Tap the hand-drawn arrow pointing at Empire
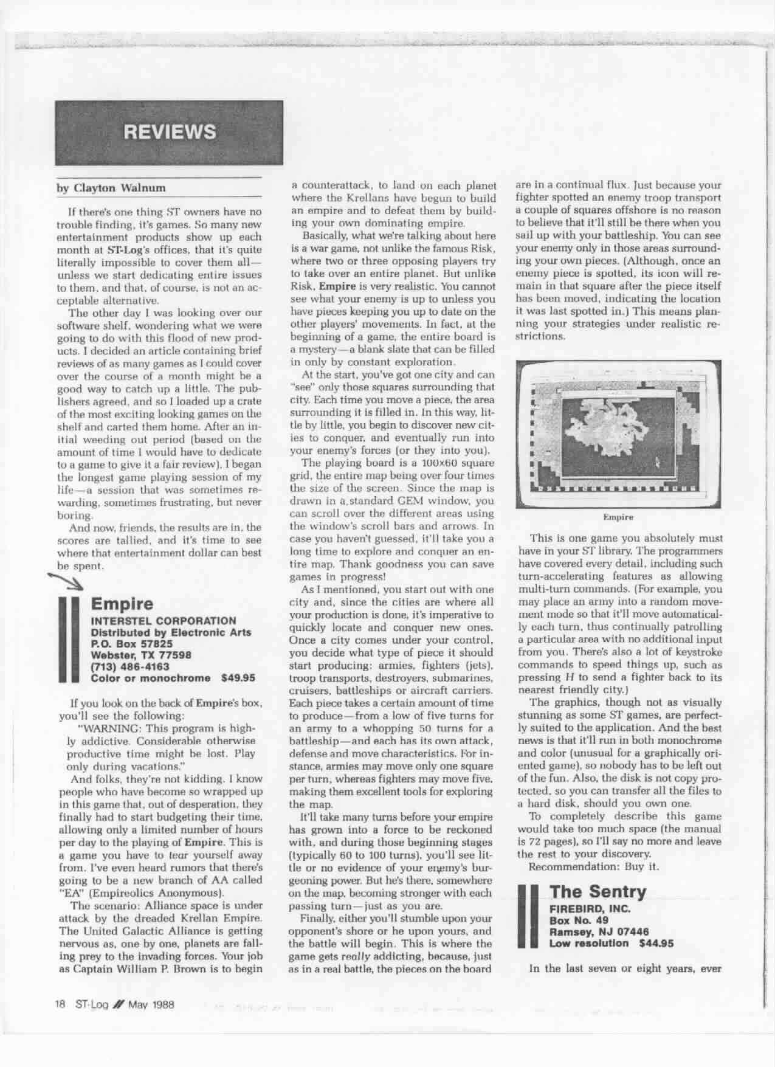69,584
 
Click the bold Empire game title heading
122,604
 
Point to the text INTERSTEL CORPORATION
163,621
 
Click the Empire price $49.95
238,678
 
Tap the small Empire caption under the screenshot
618,517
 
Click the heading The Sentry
598,892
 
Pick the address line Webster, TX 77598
141,655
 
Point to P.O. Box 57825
131,643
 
